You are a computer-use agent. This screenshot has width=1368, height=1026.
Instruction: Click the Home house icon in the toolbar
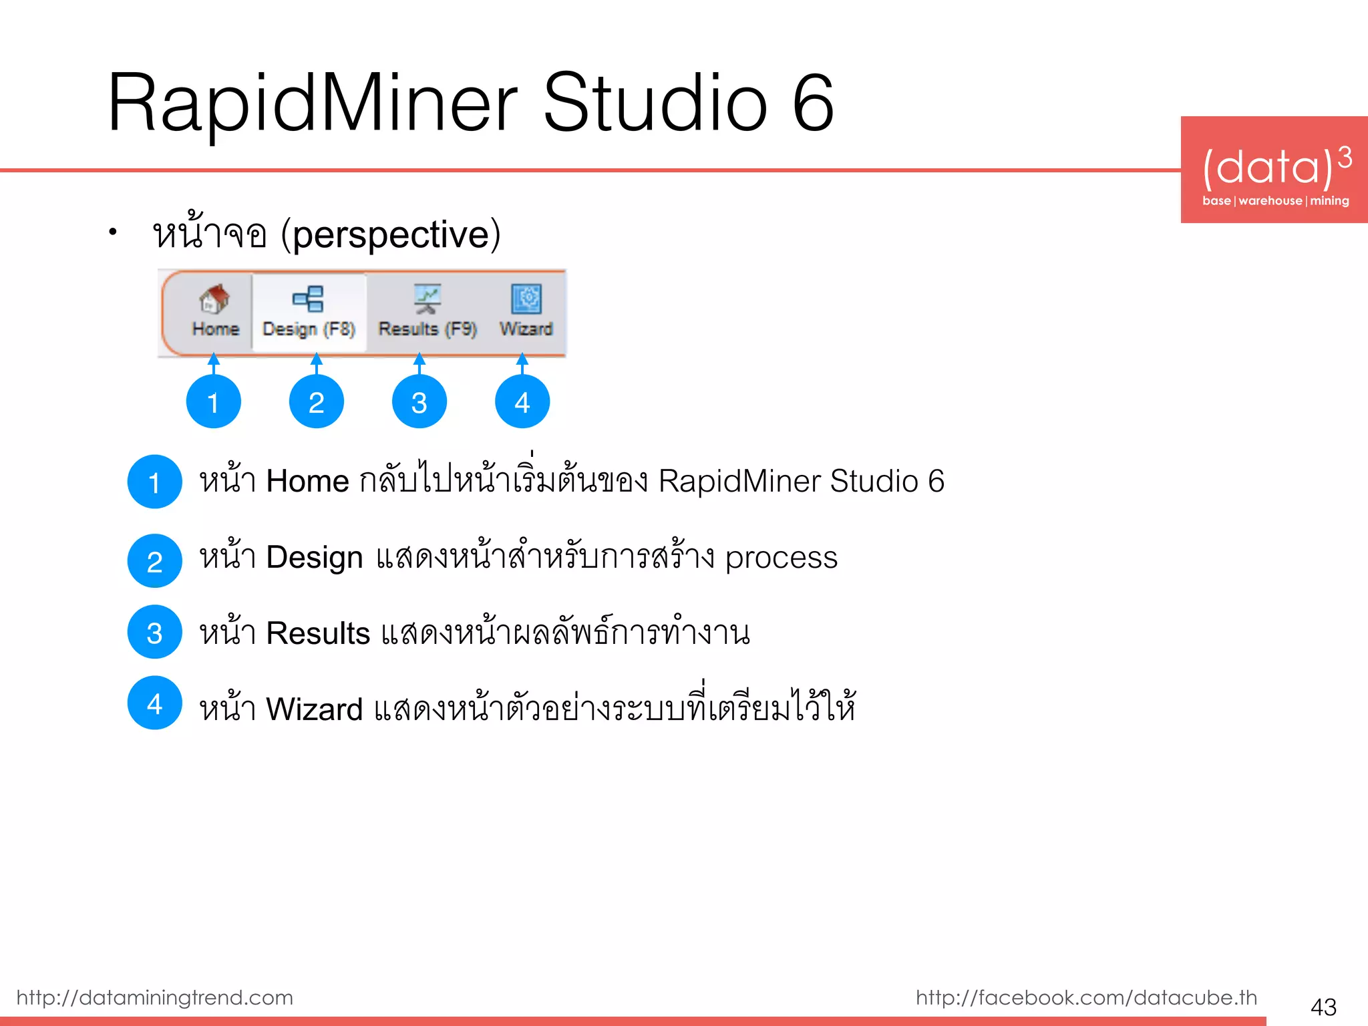(214, 299)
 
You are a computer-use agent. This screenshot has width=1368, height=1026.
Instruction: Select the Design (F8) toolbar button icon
(309, 299)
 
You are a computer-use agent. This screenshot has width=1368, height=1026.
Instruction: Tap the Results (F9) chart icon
(427, 299)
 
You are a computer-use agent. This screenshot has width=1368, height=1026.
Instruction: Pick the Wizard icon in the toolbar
(526, 299)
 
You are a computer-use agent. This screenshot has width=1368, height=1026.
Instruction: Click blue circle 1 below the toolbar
(214, 401)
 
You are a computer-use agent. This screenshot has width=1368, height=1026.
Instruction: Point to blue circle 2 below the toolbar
(317, 401)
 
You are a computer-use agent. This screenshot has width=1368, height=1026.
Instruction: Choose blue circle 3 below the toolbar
(419, 401)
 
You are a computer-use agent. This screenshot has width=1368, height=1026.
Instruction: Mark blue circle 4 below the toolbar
(522, 401)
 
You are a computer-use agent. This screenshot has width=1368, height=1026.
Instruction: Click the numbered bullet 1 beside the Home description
(155, 482)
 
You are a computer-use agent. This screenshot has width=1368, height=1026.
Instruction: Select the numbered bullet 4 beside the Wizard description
(155, 703)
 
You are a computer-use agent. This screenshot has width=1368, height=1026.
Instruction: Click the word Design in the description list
(315, 557)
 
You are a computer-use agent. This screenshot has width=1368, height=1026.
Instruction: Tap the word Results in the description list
(318, 633)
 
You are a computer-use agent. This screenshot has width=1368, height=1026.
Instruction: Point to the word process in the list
(781, 558)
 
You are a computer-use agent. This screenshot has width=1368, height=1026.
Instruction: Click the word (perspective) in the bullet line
(391, 235)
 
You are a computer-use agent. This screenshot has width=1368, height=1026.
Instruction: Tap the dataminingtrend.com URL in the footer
(155, 997)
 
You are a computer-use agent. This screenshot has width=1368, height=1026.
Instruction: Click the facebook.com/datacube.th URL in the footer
(1086, 997)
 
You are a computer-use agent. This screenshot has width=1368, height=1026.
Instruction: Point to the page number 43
(1323, 1007)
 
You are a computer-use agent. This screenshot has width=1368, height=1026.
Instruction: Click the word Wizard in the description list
(314, 709)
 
